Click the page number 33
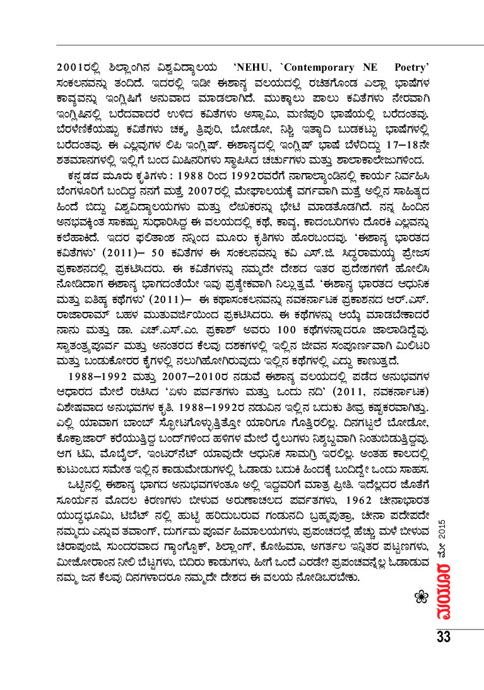(x=444, y=636)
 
